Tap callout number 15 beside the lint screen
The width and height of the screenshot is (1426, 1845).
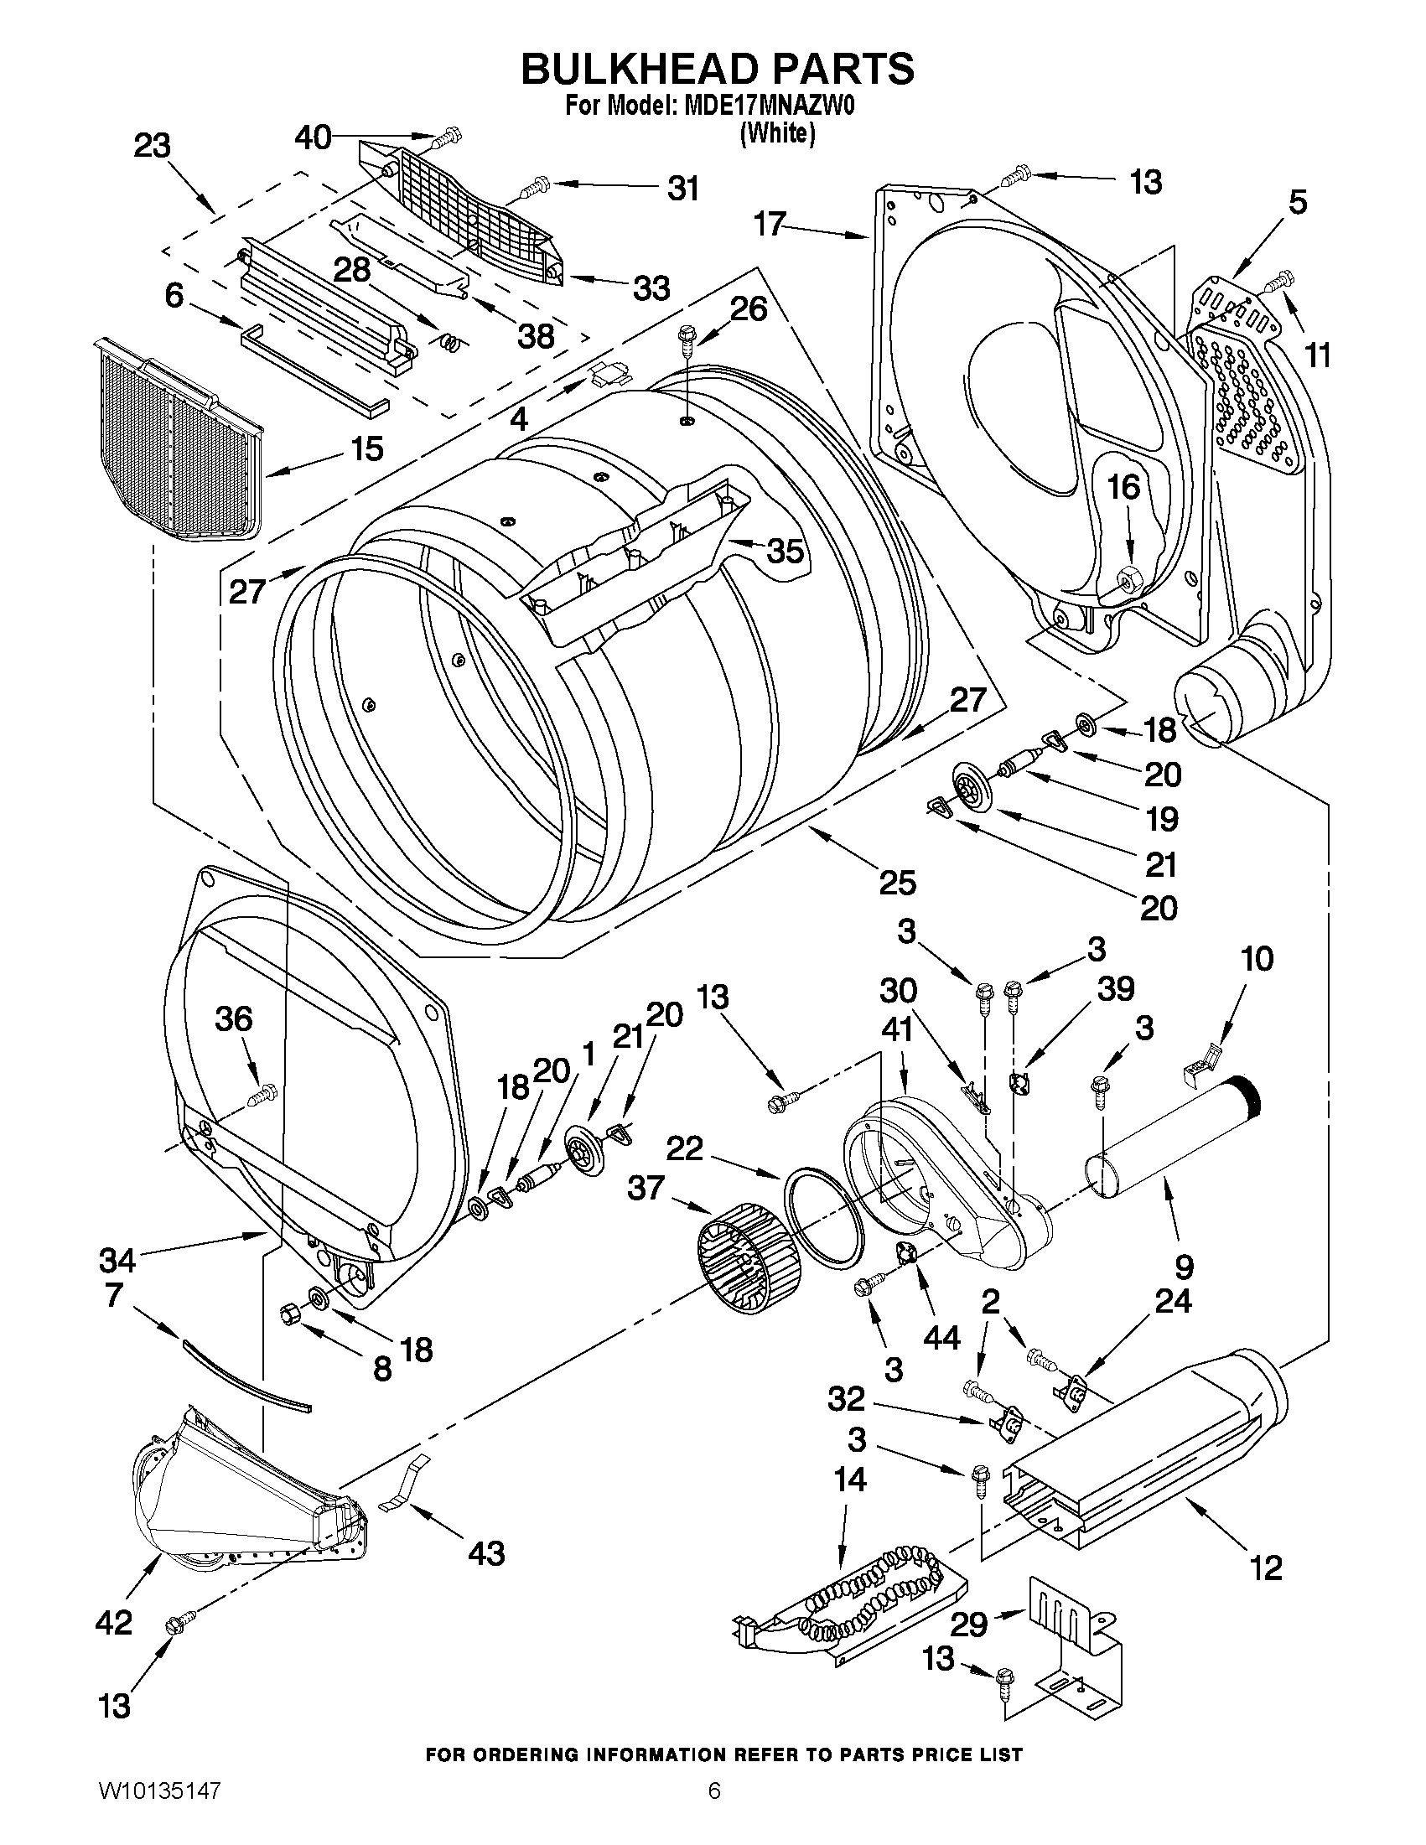366,448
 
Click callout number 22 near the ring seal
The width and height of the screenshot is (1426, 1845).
684,1148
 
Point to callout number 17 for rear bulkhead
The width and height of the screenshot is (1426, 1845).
770,224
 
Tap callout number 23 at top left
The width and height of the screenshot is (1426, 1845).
152,145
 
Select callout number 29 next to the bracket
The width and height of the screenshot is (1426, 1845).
968,1624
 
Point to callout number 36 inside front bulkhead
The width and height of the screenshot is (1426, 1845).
233,1018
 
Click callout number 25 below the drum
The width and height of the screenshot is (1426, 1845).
896,883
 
